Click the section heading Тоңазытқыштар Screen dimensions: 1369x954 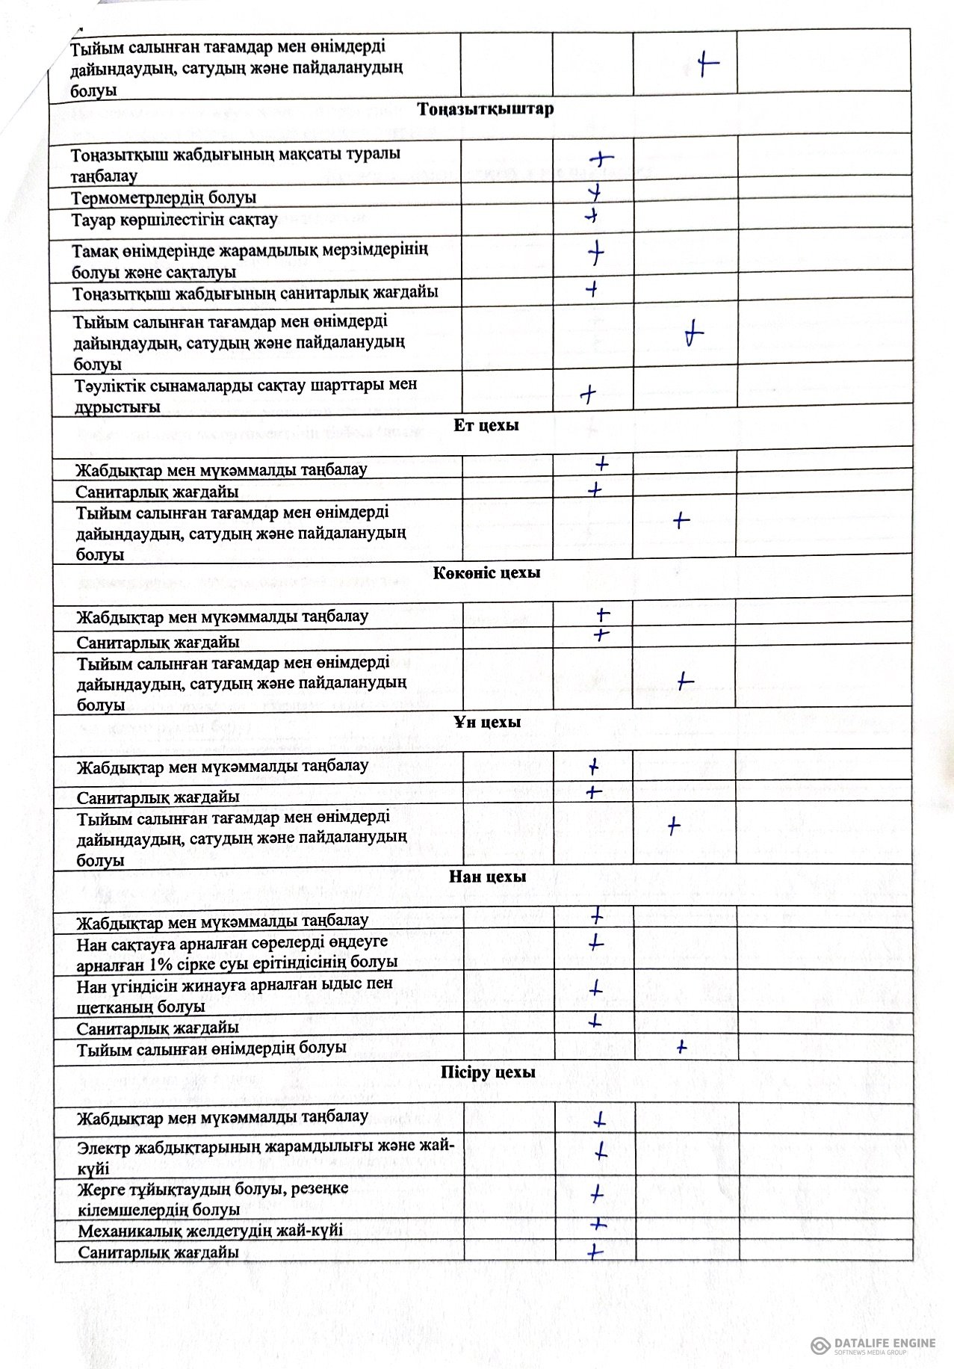(x=486, y=109)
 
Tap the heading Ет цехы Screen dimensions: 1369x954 (x=486, y=425)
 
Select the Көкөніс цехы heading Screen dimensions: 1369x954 (x=486, y=573)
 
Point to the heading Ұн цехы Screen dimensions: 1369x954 (x=486, y=723)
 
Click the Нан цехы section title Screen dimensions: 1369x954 (x=487, y=877)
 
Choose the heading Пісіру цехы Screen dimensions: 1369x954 (x=488, y=1072)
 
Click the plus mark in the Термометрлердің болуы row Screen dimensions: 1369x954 (x=595, y=194)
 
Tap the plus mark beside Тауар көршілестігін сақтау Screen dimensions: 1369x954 (x=592, y=216)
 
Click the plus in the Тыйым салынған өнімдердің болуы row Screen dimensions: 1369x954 (x=681, y=1048)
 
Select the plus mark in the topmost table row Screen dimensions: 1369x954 (x=707, y=64)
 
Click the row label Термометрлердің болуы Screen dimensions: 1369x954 (x=164, y=198)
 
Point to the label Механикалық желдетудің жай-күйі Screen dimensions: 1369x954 (x=210, y=1230)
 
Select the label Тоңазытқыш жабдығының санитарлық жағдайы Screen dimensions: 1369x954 (x=255, y=293)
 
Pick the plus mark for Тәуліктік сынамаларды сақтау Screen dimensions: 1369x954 (x=588, y=394)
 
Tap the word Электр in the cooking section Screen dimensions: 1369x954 (x=104, y=1147)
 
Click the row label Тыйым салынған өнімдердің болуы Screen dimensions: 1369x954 (x=211, y=1048)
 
